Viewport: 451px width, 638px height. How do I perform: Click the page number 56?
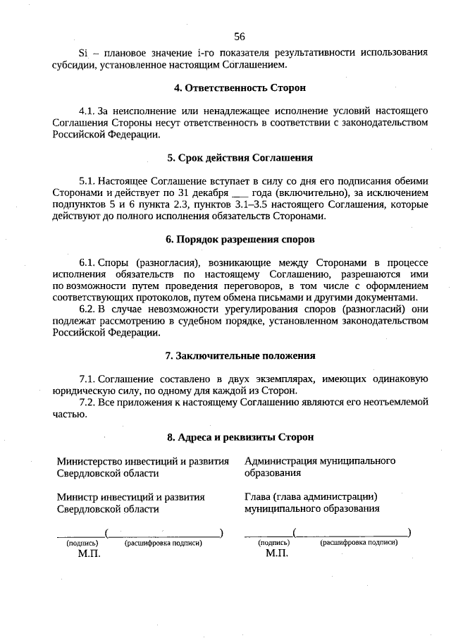click(x=239, y=37)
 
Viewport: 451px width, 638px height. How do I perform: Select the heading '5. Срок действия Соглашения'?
click(x=240, y=158)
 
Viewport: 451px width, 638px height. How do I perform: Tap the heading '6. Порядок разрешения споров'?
click(x=240, y=240)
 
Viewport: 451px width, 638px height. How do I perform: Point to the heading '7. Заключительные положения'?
click(x=240, y=356)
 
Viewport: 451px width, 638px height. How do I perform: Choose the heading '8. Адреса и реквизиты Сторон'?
click(x=240, y=437)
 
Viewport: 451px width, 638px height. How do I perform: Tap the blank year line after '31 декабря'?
click(x=240, y=192)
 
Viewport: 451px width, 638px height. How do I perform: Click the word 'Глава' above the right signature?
click(x=257, y=496)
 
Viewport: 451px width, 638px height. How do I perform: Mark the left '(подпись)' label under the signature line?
click(x=82, y=544)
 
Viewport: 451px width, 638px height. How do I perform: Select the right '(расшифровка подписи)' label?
click(x=359, y=543)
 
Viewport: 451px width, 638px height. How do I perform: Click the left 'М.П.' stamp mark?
click(x=89, y=554)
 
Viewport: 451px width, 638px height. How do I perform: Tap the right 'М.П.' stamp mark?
click(x=278, y=554)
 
